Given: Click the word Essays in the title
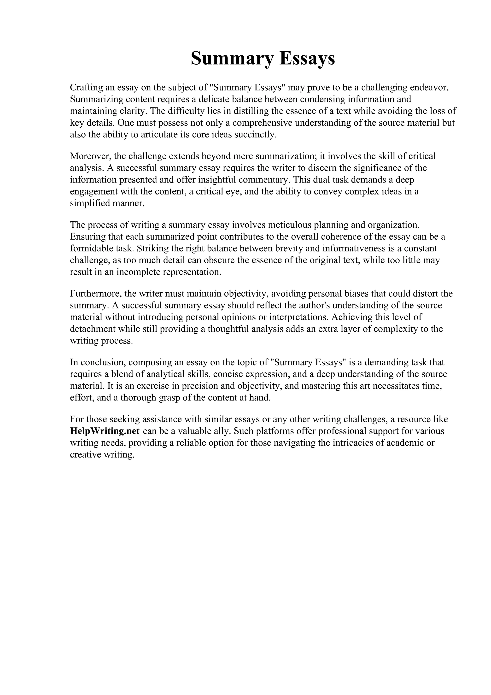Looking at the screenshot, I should (307, 59).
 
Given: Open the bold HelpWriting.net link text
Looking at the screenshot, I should (105, 431).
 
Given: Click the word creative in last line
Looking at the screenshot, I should (85, 455).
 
